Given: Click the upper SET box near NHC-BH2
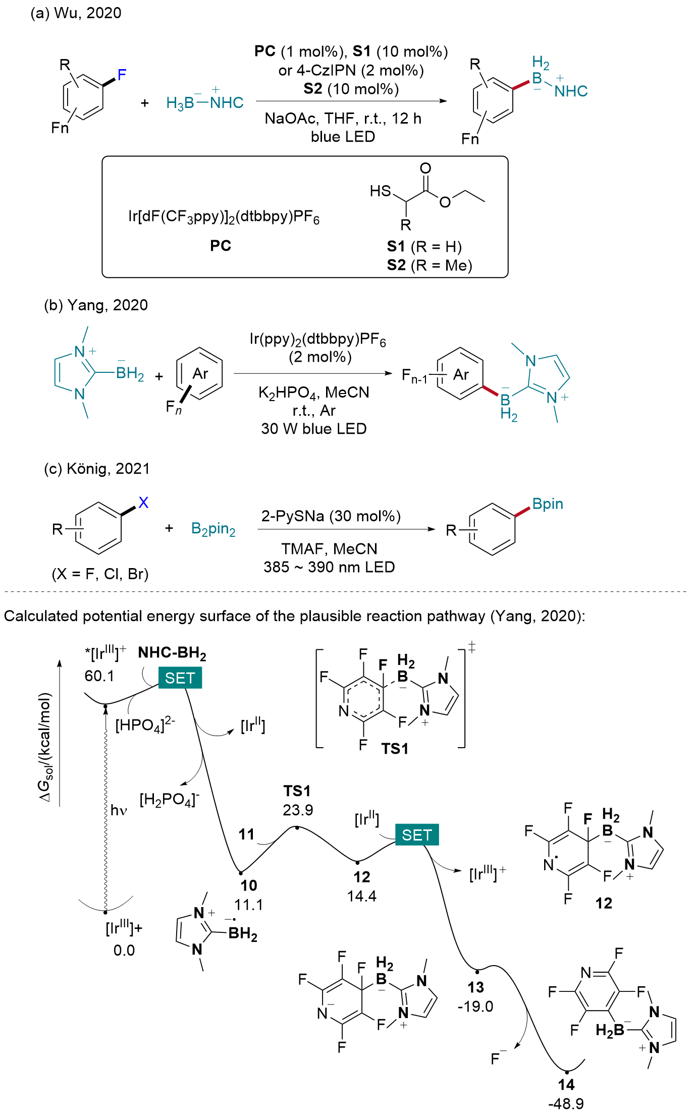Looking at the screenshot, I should [x=180, y=678].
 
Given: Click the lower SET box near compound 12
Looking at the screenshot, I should [x=416, y=835].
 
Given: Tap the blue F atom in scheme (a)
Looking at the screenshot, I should [x=122, y=75].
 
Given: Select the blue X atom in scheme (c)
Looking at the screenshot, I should [x=143, y=502].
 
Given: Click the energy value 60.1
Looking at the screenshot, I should [x=99, y=676].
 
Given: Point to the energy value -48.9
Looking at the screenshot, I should [x=566, y=1104].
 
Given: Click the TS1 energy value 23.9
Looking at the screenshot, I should [x=298, y=810].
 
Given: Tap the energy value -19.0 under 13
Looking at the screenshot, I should [x=475, y=1007].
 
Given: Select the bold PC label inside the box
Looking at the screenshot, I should [x=221, y=246].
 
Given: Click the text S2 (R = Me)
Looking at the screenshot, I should [x=429, y=265].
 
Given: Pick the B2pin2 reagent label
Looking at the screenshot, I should [x=214, y=529].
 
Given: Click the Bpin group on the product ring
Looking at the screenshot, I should [x=548, y=504].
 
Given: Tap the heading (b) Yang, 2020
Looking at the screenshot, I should [x=96, y=305].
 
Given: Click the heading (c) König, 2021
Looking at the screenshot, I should [x=97, y=469].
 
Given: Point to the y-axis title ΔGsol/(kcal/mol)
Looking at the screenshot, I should [x=45, y=747].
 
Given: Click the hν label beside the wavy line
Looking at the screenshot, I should [x=119, y=810].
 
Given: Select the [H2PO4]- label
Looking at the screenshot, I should [x=170, y=800].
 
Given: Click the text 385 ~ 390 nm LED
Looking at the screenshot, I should [x=329, y=567].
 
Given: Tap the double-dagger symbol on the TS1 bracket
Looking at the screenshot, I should [x=472, y=647].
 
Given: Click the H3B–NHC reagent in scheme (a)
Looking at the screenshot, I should [x=204, y=102].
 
